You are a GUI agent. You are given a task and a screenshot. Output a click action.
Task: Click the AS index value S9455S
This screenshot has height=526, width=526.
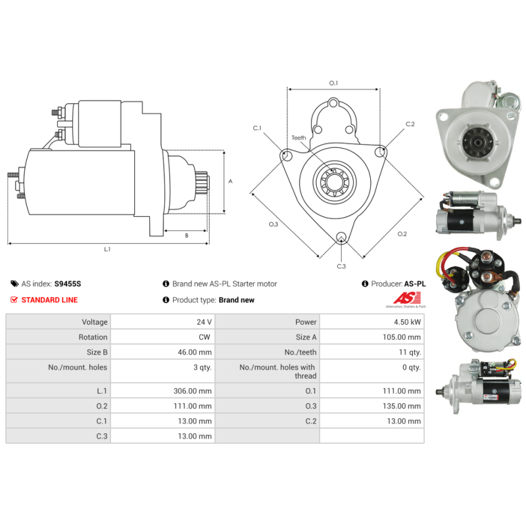tap(68, 284)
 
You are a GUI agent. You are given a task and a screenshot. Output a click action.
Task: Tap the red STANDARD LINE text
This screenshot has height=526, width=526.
tap(49, 300)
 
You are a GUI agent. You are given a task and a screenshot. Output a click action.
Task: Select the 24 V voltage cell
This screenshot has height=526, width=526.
tap(204, 322)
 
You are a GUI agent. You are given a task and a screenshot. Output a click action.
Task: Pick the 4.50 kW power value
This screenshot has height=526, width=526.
tap(407, 322)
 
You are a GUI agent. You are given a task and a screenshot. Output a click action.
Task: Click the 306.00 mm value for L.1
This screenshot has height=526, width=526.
tap(193, 391)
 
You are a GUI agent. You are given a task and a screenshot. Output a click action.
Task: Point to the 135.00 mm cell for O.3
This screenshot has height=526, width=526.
tap(402, 406)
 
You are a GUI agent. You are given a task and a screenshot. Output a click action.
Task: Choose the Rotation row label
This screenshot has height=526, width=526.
tap(93, 337)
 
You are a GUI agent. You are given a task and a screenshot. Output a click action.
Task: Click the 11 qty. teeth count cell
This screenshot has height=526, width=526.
tap(410, 352)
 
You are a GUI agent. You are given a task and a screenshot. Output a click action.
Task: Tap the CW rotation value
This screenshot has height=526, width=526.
tap(204, 337)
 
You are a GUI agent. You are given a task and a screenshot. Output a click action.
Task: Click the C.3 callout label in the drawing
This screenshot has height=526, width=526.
tap(341, 266)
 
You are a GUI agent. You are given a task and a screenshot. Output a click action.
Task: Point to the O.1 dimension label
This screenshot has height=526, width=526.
tap(333, 83)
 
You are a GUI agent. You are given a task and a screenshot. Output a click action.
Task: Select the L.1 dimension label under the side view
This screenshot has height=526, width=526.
tap(107, 249)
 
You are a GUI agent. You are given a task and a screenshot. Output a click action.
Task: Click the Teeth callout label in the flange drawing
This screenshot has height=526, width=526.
tap(299, 138)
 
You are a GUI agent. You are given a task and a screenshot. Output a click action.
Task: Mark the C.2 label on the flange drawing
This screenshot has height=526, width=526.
tap(410, 124)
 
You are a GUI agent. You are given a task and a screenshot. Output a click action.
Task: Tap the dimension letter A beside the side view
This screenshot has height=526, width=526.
tap(231, 181)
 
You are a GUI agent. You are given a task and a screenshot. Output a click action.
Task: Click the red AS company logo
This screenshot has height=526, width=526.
tap(406, 298)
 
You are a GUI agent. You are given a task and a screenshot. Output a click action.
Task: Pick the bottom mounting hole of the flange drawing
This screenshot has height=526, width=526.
tap(341, 237)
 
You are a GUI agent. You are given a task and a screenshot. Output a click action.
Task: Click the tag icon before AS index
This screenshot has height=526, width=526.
tap(14, 284)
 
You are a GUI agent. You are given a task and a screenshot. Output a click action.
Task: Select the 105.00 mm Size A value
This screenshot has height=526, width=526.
tap(402, 337)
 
